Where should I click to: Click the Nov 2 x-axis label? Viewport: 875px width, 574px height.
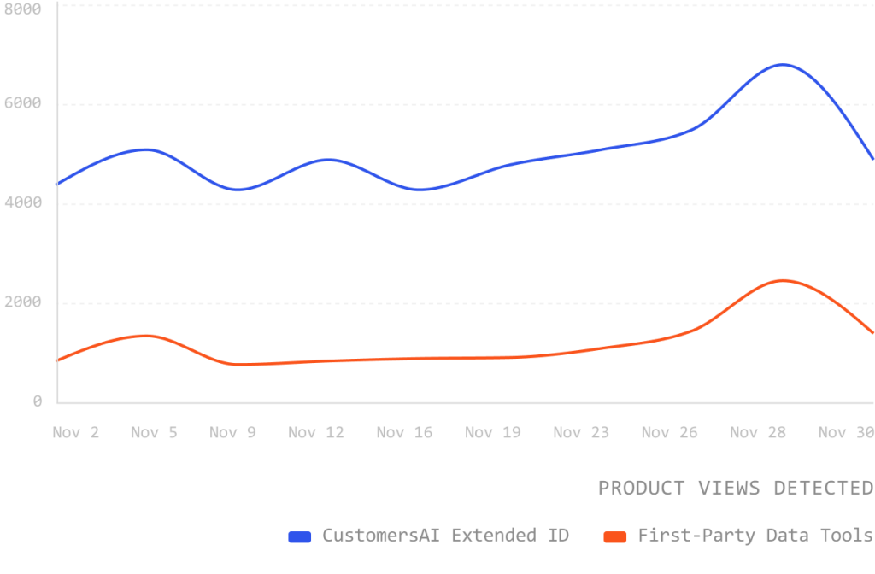click(75, 433)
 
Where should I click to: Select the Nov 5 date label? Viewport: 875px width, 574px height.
click(154, 433)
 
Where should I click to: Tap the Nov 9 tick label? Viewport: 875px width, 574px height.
click(232, 433)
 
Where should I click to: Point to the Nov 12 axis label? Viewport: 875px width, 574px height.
click(316, 433)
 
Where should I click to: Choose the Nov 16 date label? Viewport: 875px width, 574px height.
click(404, 433)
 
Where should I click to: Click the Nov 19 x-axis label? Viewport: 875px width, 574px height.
click(493, 433)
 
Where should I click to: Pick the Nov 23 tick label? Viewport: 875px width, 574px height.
click(581, 433)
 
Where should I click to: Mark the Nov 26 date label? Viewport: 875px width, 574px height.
click(669, 433)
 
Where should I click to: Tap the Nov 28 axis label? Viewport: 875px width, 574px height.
click(758, 433)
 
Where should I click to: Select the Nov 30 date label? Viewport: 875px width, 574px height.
click(845, 433)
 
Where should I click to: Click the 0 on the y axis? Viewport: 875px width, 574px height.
click(38, 401)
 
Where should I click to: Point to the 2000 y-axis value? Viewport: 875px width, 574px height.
click(22, 302)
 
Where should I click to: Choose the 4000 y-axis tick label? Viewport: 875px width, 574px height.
click(22, 203)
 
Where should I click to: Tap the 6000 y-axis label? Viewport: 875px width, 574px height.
click(22, 104)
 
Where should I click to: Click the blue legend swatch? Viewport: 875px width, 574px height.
click(301, 536)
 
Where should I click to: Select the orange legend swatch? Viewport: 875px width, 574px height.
click(616, 536)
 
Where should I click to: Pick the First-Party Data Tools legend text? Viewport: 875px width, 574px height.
click(755, 536)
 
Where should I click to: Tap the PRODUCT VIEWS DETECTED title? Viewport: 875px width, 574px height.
click(735, 488)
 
